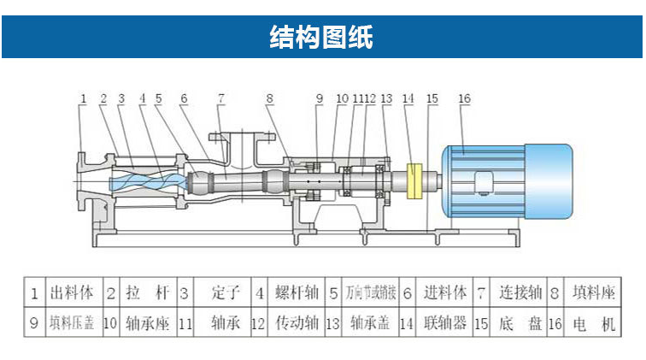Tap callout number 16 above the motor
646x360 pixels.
464,99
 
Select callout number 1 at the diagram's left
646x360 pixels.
84,99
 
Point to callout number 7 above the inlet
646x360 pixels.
220,99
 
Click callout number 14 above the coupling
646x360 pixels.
408,99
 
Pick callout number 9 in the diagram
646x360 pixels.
319,99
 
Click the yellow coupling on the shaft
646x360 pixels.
416,180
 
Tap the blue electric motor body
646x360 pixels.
504,182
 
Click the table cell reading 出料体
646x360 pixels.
73,292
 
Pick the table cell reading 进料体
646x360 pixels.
444,292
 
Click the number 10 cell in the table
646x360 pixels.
110,324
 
